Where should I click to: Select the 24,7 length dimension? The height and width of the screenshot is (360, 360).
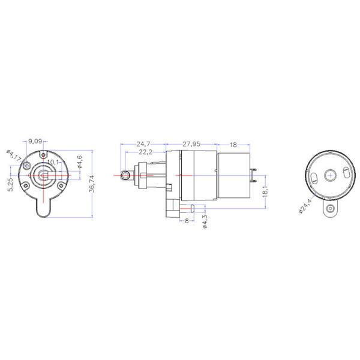143,145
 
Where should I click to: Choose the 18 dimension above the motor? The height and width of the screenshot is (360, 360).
233,145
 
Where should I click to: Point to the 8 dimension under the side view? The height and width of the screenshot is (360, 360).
187,221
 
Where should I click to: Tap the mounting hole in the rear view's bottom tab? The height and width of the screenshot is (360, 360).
329,208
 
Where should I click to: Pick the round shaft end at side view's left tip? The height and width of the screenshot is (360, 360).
125,175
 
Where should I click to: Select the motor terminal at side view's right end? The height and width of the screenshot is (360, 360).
256,175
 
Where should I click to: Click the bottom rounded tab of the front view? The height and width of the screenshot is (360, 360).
43,210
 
